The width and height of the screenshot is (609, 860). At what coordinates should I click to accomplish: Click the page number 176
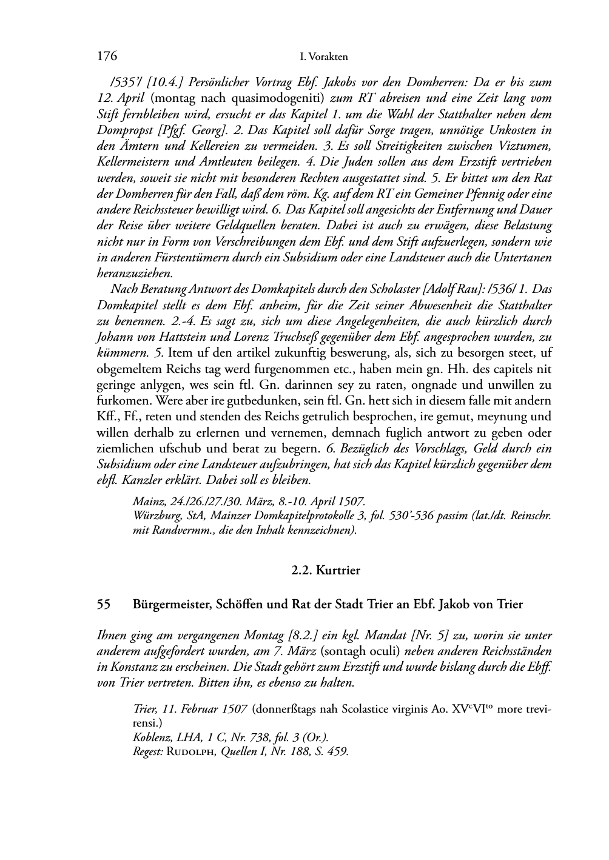106,56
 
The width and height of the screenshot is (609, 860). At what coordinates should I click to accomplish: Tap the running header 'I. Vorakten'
324,57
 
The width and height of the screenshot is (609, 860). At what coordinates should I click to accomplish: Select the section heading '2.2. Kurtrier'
326,570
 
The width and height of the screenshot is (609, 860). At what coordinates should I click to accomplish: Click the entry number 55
104,605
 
